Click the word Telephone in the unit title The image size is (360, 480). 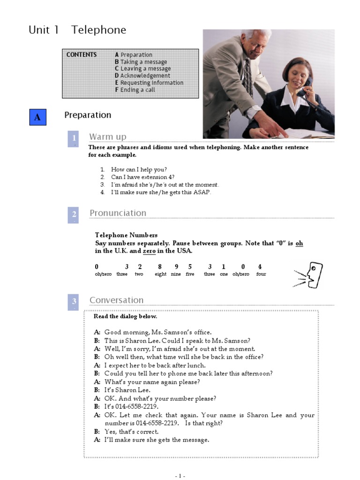pos(98,30)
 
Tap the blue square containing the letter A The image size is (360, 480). pos(37,117)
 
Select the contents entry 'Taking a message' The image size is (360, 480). pos(143,62)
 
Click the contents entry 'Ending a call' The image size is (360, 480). pos(137,90)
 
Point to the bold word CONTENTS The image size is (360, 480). pos(82,55)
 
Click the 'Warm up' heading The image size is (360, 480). pos(108,136)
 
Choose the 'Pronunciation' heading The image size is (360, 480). pos(118,213)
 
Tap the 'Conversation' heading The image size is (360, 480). pos(116,300)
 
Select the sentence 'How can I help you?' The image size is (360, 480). pos(139,169)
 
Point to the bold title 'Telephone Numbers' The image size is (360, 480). pos(126,235)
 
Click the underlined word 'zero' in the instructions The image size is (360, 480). pos(149,251)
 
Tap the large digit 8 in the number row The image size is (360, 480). pos(160,267)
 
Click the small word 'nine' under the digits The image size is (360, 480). pos(176,274)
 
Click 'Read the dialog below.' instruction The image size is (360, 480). pos(125,316)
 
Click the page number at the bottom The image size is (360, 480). pos(180,476)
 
